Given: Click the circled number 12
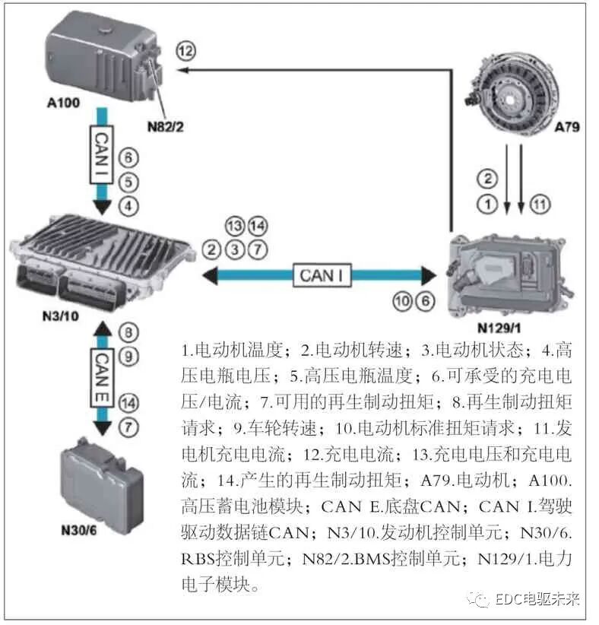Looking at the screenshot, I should (186, 51).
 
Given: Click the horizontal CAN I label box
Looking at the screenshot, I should (325, 275).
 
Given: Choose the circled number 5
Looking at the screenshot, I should (128, 182).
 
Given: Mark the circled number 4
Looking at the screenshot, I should (128, 205).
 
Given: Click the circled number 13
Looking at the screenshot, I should (236, 225).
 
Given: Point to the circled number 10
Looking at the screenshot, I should (402, 301).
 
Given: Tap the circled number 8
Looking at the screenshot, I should (129, 332).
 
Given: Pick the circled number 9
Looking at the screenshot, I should (129, 355).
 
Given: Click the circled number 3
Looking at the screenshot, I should (236, 248).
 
